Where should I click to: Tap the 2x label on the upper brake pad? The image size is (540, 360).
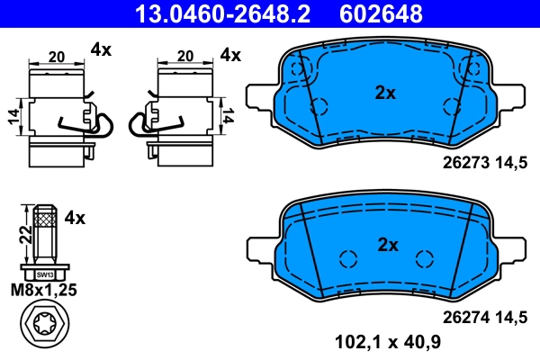385,91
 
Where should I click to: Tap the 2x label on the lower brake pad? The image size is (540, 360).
385,244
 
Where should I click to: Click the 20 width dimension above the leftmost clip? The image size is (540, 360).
56,57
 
